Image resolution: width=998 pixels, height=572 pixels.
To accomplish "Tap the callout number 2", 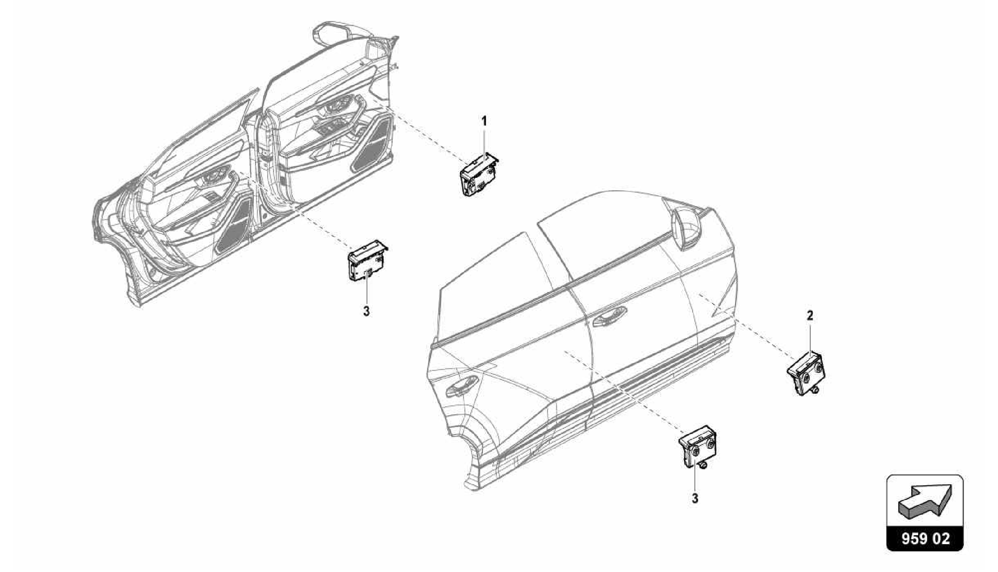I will point(809,316).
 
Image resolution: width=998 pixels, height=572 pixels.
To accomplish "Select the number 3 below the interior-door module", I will point(366,311).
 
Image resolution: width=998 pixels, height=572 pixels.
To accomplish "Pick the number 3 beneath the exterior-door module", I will point(695,499).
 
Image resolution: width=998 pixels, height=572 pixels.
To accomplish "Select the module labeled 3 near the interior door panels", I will point(367,264).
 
